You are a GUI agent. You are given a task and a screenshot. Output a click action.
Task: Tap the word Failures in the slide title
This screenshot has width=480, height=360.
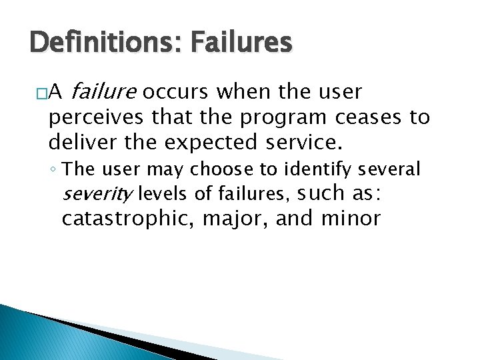241,43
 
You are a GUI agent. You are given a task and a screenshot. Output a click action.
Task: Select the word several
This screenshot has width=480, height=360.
393,170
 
